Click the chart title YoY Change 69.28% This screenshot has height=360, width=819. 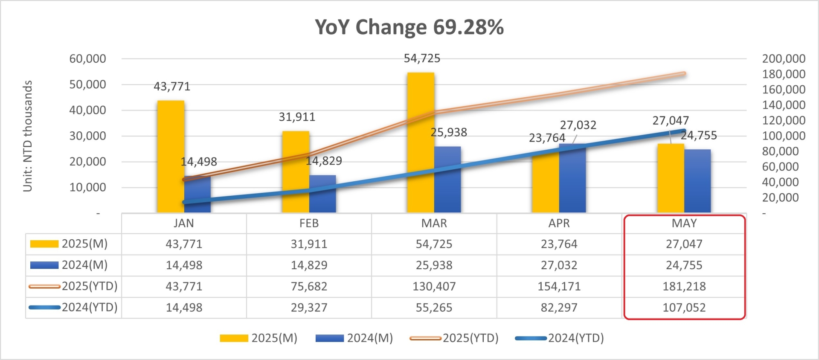coord(409,27)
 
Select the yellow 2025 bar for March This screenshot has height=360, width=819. coord(421,143)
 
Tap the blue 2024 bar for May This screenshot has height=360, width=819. coord(697,181)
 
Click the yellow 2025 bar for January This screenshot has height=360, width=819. coord(171,157)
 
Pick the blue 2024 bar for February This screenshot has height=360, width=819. coord(322,194)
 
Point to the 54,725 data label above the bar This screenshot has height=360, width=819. coord(422,58)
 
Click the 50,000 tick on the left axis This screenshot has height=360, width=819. coord(87,84)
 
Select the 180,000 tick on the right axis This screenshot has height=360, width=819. coord(784,74)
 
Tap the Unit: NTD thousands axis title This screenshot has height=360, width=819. coord(28,136)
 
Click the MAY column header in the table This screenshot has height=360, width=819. coord(684,223)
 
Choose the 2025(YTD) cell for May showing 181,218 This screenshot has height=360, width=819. coord(684,286)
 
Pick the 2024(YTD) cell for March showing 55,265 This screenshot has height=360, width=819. coord(434,308)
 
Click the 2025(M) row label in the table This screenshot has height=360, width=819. coord(84,244)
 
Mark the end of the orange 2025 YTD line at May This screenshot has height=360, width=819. coord(684,73)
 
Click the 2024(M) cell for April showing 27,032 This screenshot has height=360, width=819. coord(559,265)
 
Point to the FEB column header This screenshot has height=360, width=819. coord(309,223)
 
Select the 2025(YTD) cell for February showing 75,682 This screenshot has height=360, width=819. coord(309,286)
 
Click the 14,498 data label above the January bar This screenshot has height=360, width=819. coord(199,162)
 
